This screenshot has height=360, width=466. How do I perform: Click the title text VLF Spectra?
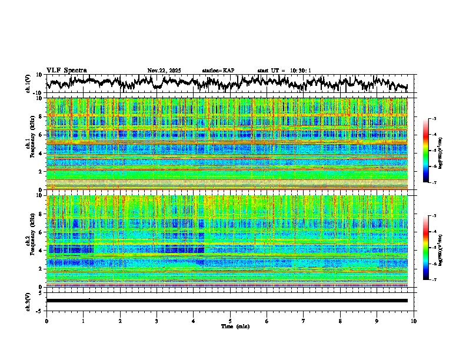click(66, 71)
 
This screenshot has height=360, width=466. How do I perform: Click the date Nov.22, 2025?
click(164, 71)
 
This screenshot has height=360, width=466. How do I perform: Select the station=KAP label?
click(218, 71)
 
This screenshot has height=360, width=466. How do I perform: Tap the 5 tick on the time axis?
click(230, 320)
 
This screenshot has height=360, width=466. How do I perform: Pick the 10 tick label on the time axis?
click(414, 320)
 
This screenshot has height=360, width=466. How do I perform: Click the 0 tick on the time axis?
click(46, 320)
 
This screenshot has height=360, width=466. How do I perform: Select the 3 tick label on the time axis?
click(157, 320)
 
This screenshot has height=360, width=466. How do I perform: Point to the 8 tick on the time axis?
click(340, 320)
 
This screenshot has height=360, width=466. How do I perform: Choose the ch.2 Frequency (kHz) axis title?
click(29, 241)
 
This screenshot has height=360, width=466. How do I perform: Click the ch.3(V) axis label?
click(29, 300)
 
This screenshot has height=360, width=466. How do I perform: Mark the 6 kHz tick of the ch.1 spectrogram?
click(40, 135)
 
